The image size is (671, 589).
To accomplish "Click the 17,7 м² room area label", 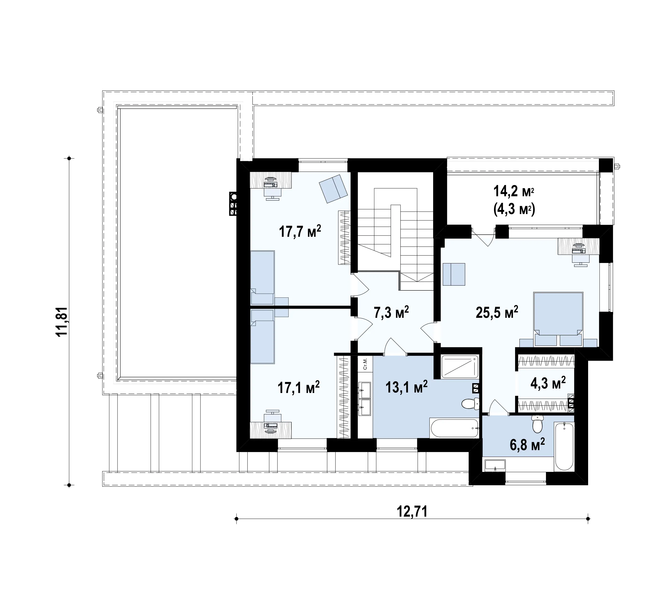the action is click(300, 231).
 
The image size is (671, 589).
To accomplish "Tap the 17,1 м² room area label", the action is click(299, 387).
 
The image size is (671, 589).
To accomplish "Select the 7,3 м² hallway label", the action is click(391, 312).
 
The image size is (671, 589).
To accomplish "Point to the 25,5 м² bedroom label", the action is click(497, 312).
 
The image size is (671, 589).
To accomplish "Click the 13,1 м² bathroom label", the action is click(406, 387).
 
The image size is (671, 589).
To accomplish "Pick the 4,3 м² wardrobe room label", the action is click(548, 383).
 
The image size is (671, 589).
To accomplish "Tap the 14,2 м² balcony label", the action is click(514, 191).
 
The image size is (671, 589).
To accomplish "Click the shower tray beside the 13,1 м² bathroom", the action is click(460, 367).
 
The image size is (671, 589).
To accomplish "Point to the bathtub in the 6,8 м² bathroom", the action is click(564, 447).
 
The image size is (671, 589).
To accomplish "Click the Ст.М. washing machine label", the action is click(365, 364).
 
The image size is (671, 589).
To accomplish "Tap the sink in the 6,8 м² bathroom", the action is click(495, 466).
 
